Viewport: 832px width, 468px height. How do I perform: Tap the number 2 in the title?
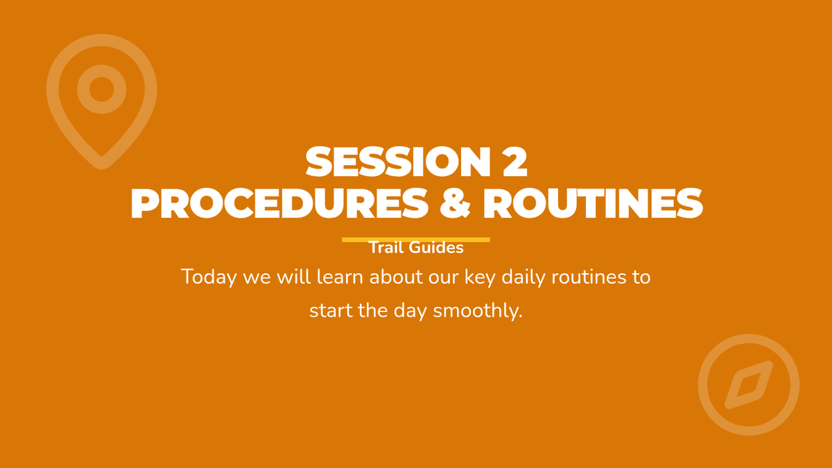point(514,162)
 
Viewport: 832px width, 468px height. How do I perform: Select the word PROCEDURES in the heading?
point(279,203)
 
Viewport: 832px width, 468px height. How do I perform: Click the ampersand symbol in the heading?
point(455,203)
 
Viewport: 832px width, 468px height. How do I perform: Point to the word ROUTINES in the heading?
point(593,203)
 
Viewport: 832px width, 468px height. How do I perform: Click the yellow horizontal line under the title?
point(416,240)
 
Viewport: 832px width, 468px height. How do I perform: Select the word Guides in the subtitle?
point(436,248)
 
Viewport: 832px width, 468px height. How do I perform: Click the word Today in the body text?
point(209,277)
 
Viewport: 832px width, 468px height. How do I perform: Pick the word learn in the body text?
point(340,277)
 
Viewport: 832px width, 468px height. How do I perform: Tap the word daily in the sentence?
point(523,277)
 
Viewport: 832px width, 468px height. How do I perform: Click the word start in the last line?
point(331,311)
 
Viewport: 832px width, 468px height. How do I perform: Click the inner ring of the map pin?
point(101,71)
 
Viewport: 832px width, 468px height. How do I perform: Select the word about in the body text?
point(396,277)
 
